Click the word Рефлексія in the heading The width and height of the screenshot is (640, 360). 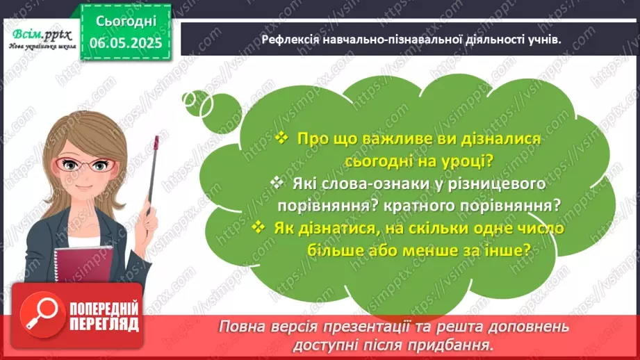283,40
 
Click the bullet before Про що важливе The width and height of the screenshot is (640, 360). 281,138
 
